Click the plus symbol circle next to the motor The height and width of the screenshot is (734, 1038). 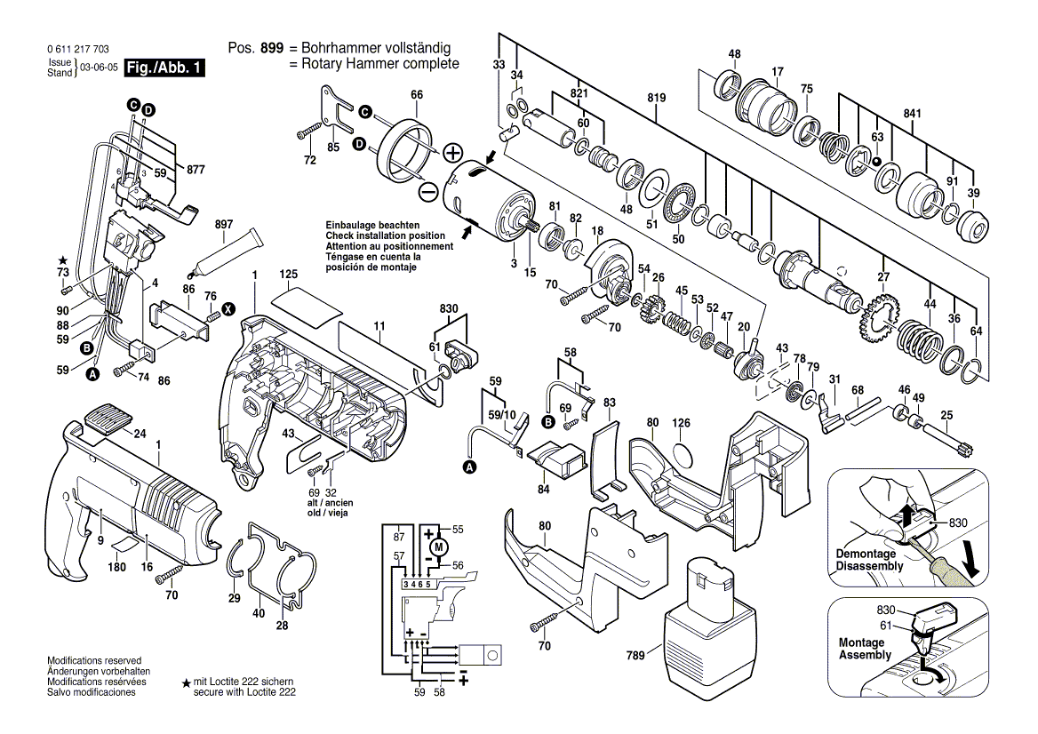coord(453,152)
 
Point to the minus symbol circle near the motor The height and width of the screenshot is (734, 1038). coord(427,190)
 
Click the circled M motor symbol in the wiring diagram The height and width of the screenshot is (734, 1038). coord(437,549)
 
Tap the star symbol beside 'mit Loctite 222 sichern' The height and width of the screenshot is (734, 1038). coord(186,683)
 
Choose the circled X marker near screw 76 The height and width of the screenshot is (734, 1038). coord(228,309)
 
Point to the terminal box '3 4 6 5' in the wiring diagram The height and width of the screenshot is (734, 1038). coord(418,584)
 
